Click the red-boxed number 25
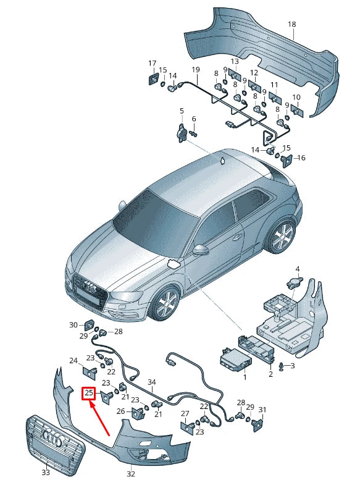pos(89,394)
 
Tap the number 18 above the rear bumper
pos(291,24)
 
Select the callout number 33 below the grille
pos(46,473)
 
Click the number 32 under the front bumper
pos(131,474)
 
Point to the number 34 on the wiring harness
pos(152,382)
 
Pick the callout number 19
pos(196,69)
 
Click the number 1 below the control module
pos(245,378)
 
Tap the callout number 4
pos(298,269)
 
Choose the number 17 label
pos(153,63)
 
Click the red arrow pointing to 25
pos(99,418)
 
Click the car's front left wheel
pos(165,303)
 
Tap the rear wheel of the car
pos(282,235)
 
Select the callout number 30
pos(73,325)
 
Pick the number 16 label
pos(301,158)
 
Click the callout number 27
pos(185,414)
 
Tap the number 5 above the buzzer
pos(182,111)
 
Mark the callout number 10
pos(296,97)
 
